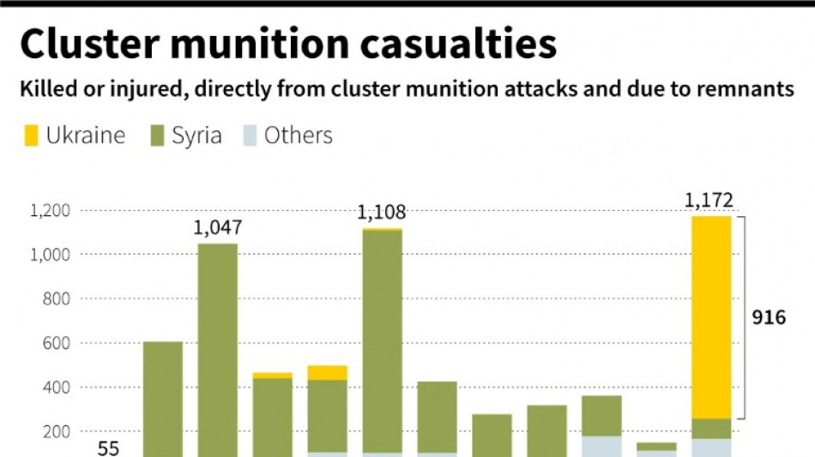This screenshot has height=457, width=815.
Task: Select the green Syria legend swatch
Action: [x=156, y=136]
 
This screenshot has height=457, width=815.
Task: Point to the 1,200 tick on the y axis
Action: [x=50, y=210]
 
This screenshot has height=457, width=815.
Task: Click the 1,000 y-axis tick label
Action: [x=50, y=255]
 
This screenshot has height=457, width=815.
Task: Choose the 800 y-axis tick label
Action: [x=56, y=299]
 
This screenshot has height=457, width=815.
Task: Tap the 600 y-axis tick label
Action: [x=56, y=343]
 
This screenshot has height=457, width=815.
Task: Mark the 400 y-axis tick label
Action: [x=56, y=388]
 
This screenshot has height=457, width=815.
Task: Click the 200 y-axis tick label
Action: [x=56, y=432]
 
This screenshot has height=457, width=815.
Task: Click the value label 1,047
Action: [x=217, y=228]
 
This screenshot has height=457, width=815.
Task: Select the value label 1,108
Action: [x=381, y=213]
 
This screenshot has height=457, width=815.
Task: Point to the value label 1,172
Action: [x=709, y=201]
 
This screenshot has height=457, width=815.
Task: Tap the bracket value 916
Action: [x=770, y=318]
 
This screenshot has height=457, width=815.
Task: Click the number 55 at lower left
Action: [x=108, y=448]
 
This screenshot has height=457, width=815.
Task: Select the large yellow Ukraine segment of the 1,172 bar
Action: [x=711, y=317]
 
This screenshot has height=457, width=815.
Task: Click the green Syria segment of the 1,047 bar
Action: [x=218, y=352]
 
